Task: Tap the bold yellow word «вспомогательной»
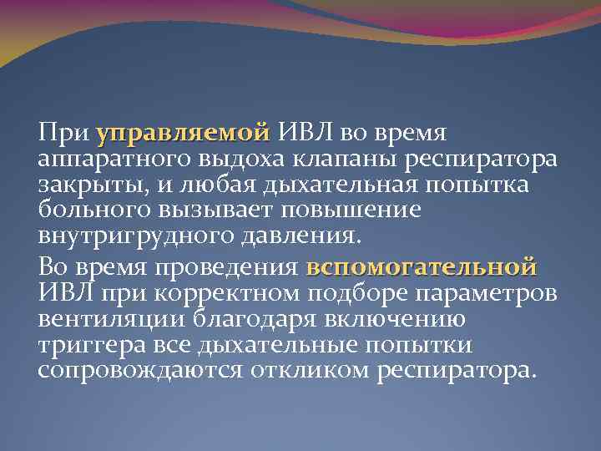422,268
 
